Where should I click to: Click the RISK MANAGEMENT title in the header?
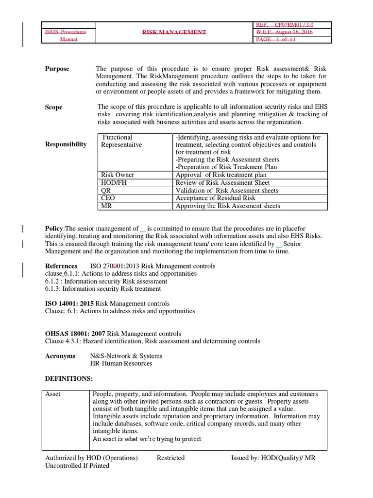click(x=174, y=32)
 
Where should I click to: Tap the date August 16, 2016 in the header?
click(x=299, y=32)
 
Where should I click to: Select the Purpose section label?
click(x=57, y=69)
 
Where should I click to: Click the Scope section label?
click(x=54, y=107)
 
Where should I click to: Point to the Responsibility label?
click(x=66, y=144)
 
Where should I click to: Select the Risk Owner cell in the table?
click(x=118, y=175)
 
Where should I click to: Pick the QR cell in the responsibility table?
click(x=105, y=191)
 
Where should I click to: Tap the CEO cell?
click(x=108, y=198)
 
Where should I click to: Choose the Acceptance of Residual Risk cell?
click(x=216, y=198)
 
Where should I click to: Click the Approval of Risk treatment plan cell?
click(x=214, y=175)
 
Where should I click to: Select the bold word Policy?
click(x=54, y=229)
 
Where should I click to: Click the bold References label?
click(x=61, y=266)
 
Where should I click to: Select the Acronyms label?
click(x=60, y=356)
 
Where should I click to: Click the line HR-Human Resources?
click(x=121, y=363)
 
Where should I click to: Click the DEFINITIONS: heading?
click(x=68, y=378)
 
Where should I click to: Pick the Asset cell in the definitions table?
click(x=53, y=394)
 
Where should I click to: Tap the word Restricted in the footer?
click(x=170, y=458)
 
